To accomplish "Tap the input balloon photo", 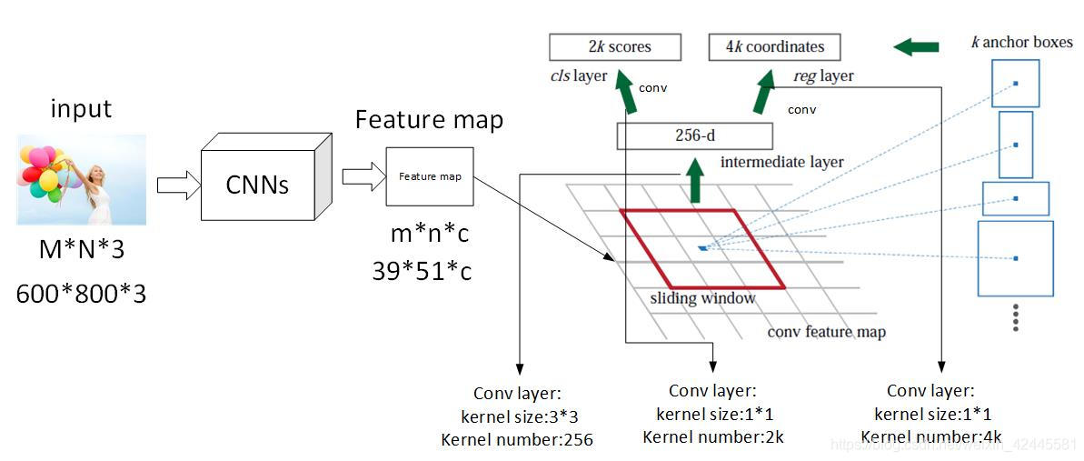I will [82, 179].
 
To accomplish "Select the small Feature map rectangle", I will [430, 176].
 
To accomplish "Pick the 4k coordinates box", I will [774, 46].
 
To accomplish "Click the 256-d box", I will [694, 136].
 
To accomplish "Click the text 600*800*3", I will [81, 294].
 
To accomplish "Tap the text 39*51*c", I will [422, 270].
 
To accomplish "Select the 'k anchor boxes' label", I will [1021, 42].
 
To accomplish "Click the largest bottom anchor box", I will [1015, 258].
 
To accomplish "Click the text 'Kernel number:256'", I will [516, 440].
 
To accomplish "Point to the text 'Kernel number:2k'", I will [712, 436].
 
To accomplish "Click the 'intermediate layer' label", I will [781, 162].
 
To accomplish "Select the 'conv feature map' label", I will [826, 331].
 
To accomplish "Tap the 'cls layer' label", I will [578, 75].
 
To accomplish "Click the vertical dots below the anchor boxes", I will [1016, 317].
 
